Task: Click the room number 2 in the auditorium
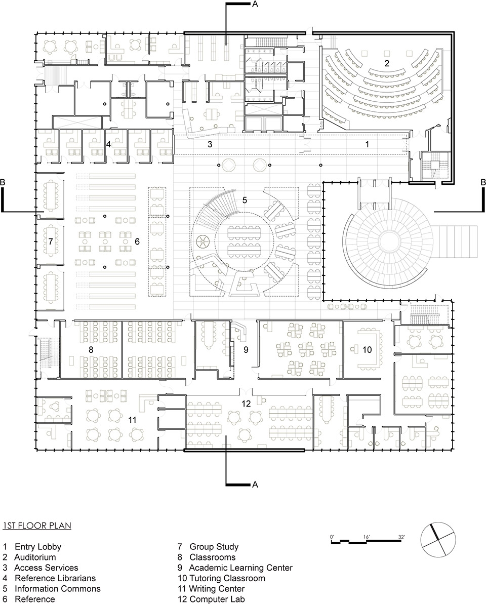click(387, 63)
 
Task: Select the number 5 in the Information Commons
click(245, 200)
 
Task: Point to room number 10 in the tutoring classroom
click(367, 349)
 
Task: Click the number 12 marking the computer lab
click(246, 404)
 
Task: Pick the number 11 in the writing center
click(132, 419)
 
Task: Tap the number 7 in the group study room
click(51, 241)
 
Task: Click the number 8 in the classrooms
click(91, 349)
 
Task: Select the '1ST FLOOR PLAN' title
click(36, 526)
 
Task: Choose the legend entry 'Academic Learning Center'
click(241, 568)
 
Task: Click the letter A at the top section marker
click(255, 5)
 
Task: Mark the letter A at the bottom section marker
click(255, 485)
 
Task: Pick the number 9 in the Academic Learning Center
click(246, 349)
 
